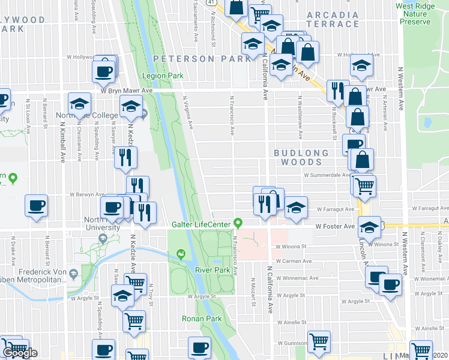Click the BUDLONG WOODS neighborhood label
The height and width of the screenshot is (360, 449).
click(301, 158)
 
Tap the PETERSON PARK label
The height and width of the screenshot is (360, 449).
click(201, 59)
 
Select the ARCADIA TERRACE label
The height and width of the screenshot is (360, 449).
click(333, 19)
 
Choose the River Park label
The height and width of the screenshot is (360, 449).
click(212, 270)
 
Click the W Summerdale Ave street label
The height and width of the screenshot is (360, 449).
click(327, 175)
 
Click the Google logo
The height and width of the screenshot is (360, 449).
click(19, 353)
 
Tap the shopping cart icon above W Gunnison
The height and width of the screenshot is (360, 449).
click(319, 341)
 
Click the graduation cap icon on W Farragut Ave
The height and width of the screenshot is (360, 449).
click(296, 206)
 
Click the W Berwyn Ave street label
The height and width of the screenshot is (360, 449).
click(87, 195)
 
